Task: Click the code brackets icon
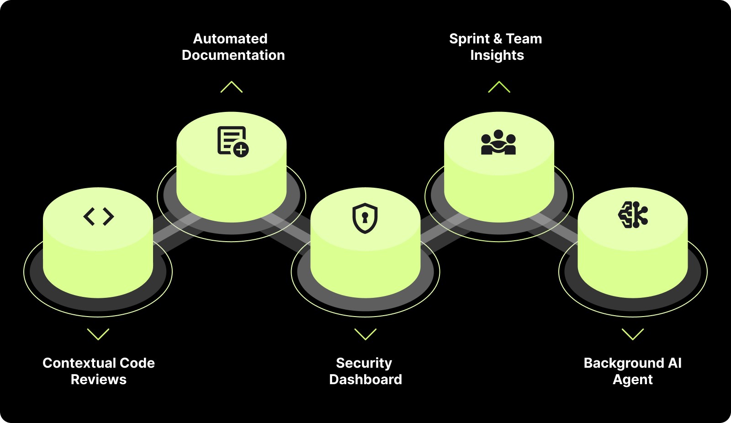pyautogui.click(x=99, y=217)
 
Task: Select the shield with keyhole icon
pyautogui.click(x=365, y=218)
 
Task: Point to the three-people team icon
pyautogui.click(x=498, y=143)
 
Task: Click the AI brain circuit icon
pyautogui.click(x=633, y=215)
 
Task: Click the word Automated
pyautogui.click(x=230, y=39)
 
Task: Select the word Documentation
pyautogui.click(x=233, y=55)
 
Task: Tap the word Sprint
pyautogui.click(x=469, y=39)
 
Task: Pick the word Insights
pyautogui.click(x=497, y=56)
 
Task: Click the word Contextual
pyautogui.click(x=75, y=363)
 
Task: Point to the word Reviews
pyautogui.click(x=99, y=380)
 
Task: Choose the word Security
pyautogui.click(x=364, y=363)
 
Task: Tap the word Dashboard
pyautogui.click(x=365, y=380)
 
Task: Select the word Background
pyautogui.click(x=624, y=363)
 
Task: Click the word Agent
pyautogui.click(x=633, y=380)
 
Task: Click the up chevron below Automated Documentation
pyautogui.click(x=232, y=87)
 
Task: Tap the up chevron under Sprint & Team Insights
pyautogui.click(x=499, y=87)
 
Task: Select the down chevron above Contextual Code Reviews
pyautogui.click(x=98, y=334)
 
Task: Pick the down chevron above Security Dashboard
pyautogui.click(x=365, y=334)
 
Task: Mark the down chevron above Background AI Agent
pyautogui.click(x=633, y=334)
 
